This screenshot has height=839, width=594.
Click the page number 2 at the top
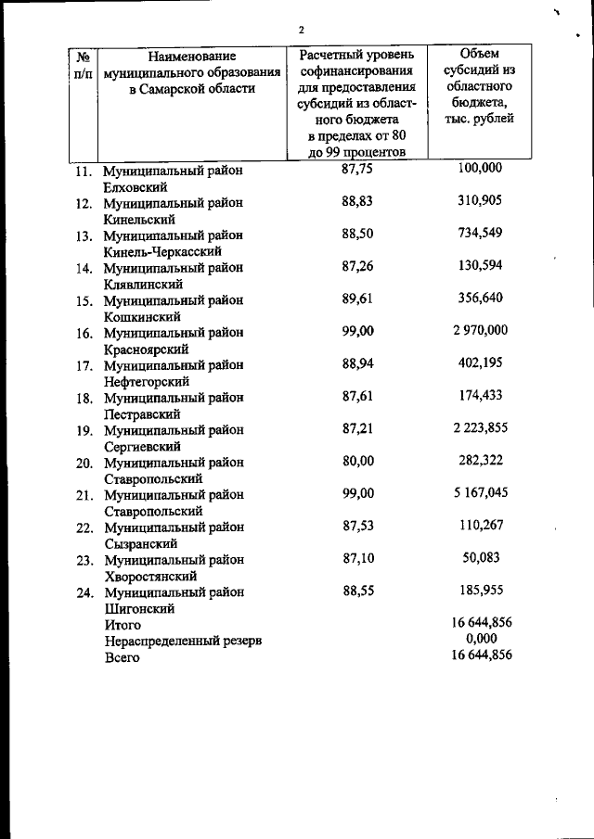coord(301,30)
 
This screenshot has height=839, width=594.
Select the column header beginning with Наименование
coord(190,73)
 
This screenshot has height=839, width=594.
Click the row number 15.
coord(84,300)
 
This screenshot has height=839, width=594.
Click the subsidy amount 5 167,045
coord(480,492)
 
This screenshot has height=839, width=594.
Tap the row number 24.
coord(84,592)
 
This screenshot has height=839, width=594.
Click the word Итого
coord(122,626)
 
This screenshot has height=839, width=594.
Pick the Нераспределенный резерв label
coord(183,642)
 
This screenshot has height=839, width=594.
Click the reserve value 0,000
coord(481,638)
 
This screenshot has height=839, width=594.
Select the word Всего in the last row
coord(122,657)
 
